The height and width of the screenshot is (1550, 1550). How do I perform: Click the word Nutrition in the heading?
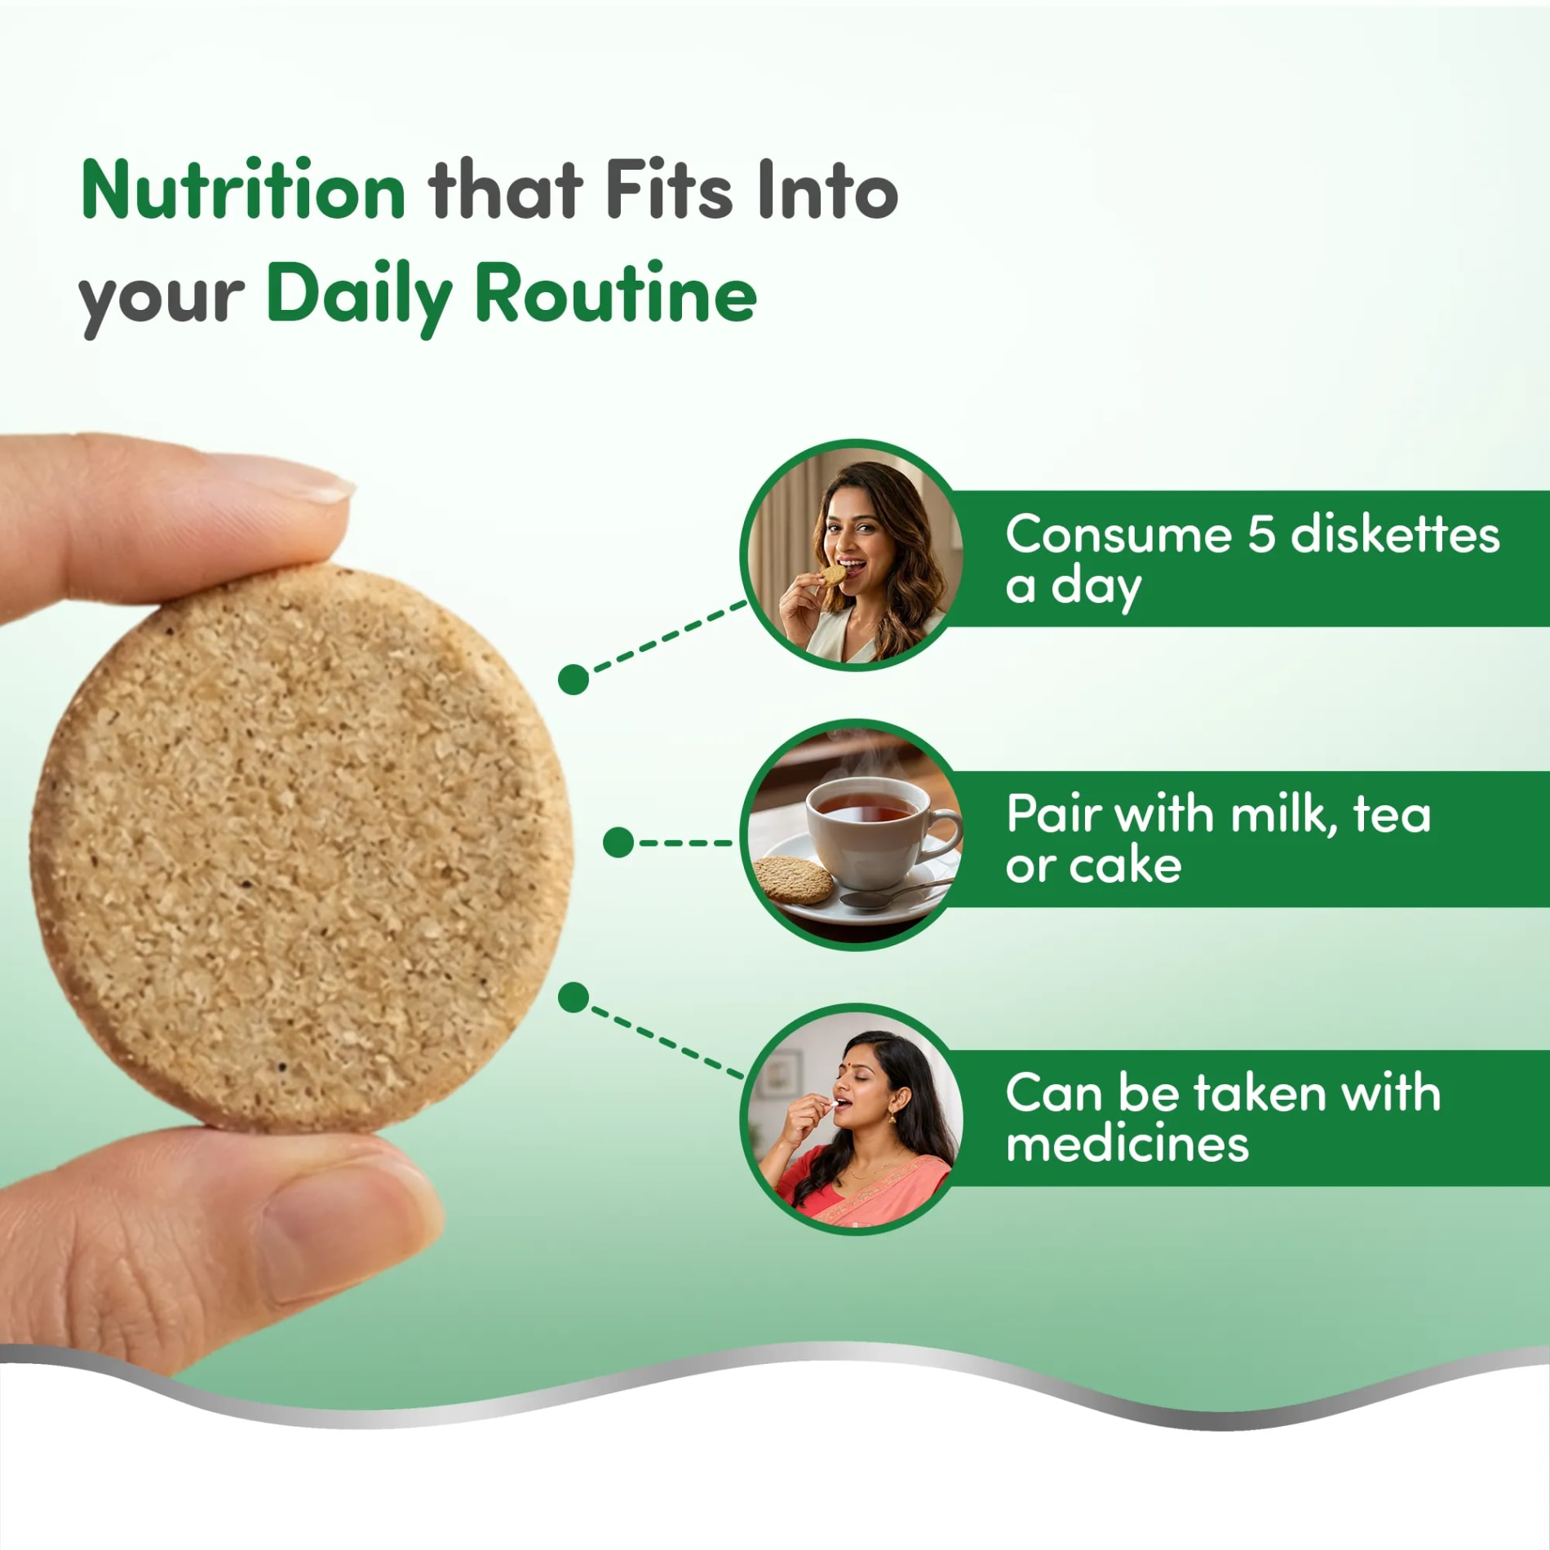pyautogui.click(x=243, y=190)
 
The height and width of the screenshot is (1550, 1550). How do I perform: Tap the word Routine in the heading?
pyautogui.click(x=616, y=294)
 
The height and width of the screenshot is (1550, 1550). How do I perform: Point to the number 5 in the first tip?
pyautogui.click(x=1260, y=535)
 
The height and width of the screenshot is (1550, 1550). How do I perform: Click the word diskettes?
pyautogui.click(x=1396, y=534)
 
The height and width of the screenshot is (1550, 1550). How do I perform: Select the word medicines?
pyautogui.click(x=1127, y=1144)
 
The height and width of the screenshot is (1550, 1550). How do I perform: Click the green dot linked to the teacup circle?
pyautogui.click(x=618, y=843)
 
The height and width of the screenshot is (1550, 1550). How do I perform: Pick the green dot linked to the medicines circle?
pyautogui.click(x=573, y=997)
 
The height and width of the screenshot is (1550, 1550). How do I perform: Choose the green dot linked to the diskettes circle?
pyautogui.click(x=573, y=679)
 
